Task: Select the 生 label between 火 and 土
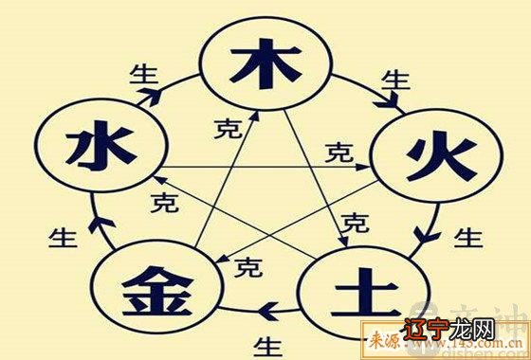[x=465, y=235]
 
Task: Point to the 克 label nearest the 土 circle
[x=354, y=224]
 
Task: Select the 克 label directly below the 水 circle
[x=163, y=202]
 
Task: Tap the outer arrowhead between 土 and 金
[x=269, y=306]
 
